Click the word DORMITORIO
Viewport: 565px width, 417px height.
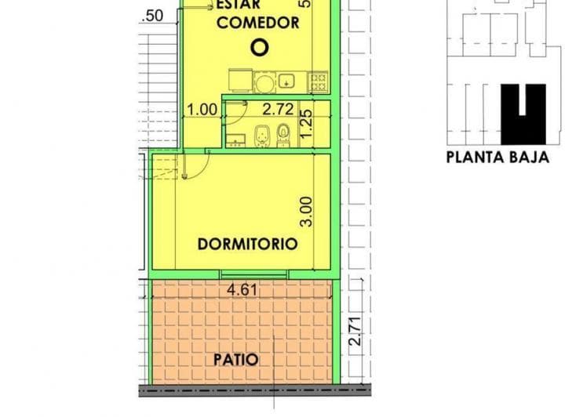pos(247,244)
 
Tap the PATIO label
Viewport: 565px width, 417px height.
pos(235,360)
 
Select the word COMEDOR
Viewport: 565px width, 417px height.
pos(257,23)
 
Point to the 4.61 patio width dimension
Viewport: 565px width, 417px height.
pos(242,290)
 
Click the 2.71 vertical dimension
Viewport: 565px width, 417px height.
pos(355,332)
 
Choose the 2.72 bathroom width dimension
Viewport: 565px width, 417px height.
pos(278,110)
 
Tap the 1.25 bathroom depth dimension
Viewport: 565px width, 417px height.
pos(308,122)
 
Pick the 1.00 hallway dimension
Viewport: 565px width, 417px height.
pos(202,111)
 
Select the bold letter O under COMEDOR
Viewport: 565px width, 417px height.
pos(259,48)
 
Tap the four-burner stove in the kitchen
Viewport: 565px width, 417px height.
pos(319,80)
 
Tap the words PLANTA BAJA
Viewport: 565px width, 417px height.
pos(498,157)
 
